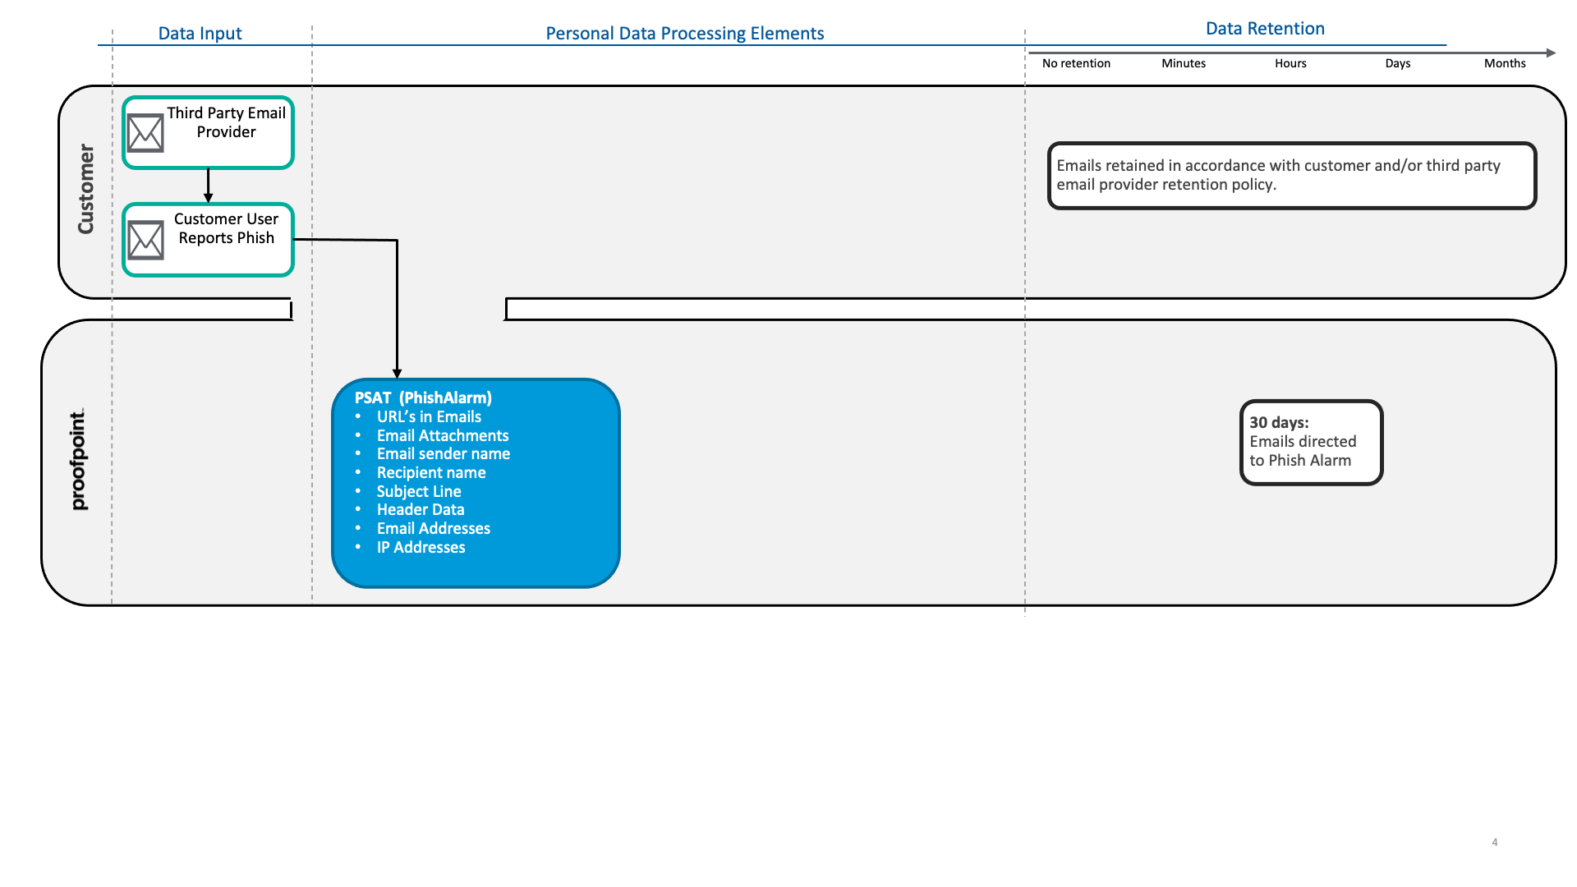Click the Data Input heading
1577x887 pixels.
tap(200, 34)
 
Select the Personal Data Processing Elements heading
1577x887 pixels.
tap(685, 34)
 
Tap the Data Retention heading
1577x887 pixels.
tap(1265, 29)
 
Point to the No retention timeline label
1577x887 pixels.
tap(1076, 63)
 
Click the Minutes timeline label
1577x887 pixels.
tap(1184, 63)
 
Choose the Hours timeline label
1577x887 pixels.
tap(1290, 63)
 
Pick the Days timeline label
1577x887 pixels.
tap(1397, 63)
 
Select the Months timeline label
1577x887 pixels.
tap(1505, 63)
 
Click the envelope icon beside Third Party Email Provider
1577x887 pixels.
tap(145, 133)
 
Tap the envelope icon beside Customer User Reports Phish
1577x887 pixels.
tap(145, 240)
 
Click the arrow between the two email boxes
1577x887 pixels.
tap(208, 186)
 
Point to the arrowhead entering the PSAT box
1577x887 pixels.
tap(397, 374)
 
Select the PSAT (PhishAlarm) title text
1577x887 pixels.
tap(423, 398)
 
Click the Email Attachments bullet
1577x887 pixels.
tap(443, 435)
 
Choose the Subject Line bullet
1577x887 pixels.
tap(419, 491)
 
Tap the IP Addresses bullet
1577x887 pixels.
tap(421, 547)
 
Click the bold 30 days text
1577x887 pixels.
tap(1279, 423)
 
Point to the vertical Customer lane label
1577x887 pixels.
tap(85, 189)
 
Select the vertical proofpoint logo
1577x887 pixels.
tap(78, 460)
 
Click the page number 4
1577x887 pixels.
tap(1495, 842)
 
